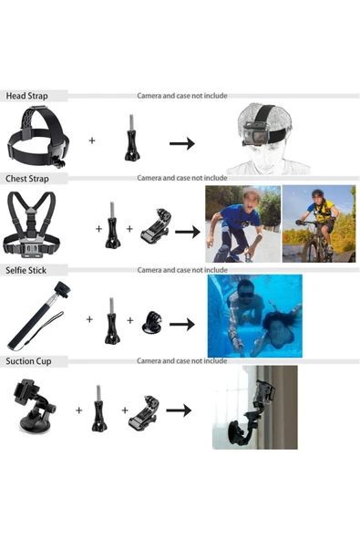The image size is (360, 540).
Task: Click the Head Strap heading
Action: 26,96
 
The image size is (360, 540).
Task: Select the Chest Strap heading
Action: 27,179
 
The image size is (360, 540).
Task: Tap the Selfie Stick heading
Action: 26,270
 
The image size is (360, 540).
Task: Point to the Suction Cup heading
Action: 28,361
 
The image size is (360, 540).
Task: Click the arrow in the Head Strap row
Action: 182,143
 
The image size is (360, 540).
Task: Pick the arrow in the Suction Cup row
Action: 179,410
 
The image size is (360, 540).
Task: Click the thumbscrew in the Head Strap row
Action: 132,138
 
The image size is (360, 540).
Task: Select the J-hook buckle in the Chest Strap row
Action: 156,226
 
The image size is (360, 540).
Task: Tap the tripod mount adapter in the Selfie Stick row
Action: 152,323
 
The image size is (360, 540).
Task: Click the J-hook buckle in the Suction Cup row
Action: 144,413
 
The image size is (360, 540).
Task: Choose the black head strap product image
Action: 38,137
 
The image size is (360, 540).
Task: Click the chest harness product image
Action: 32,224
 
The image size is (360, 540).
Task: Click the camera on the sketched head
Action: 254,134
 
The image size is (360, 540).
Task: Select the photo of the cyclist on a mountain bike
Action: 319,223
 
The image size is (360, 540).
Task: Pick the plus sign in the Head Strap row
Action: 92,140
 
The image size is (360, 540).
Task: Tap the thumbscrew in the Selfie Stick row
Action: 112,321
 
